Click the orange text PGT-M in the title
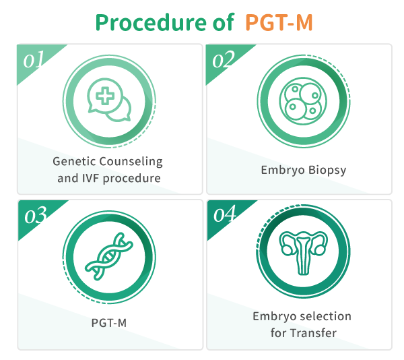coord(279,22)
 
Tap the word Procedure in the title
coord(151,22)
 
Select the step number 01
coord(34,59)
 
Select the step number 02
coord(224,59)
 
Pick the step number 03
coord(36,215)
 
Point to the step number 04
coord(225,214)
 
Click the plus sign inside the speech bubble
coord(105,96)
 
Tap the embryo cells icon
coord(303,101)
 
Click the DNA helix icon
coord(109,256)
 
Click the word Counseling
coord(131,162)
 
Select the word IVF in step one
coord(90,178)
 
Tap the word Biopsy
coord(327,170)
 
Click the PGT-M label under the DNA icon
coord(109,323)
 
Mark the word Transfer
coord(313,333)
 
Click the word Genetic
coord(74,161)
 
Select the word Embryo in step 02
coord(283,170)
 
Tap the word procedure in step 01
coord(132,179)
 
